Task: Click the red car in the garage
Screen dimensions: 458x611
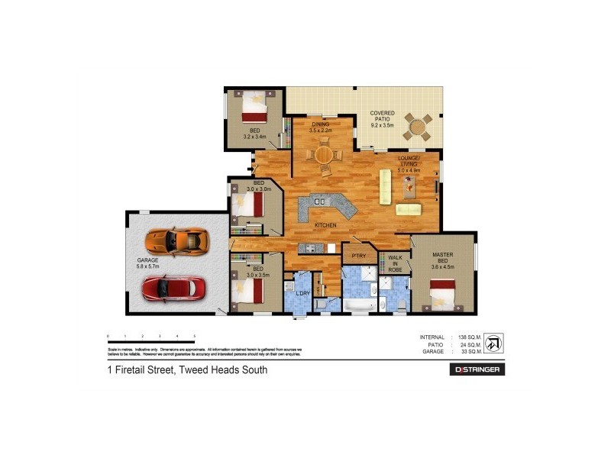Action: pyautogui.click(x=173, y=288)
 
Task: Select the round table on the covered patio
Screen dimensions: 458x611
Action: pyautogui.click(x=417, y=127)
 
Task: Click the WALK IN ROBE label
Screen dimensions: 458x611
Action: pyautogui.click(x=395, y=263)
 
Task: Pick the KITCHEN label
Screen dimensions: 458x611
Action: pyautogui.click(x=325, y=225)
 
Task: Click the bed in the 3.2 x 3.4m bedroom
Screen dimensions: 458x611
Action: pyautogui.click(x=254, y=107)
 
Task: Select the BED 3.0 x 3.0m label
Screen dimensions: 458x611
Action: pyautogui.click(x=259, y=187)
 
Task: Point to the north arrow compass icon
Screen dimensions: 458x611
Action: pyautogui.click(x=494, y=342)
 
